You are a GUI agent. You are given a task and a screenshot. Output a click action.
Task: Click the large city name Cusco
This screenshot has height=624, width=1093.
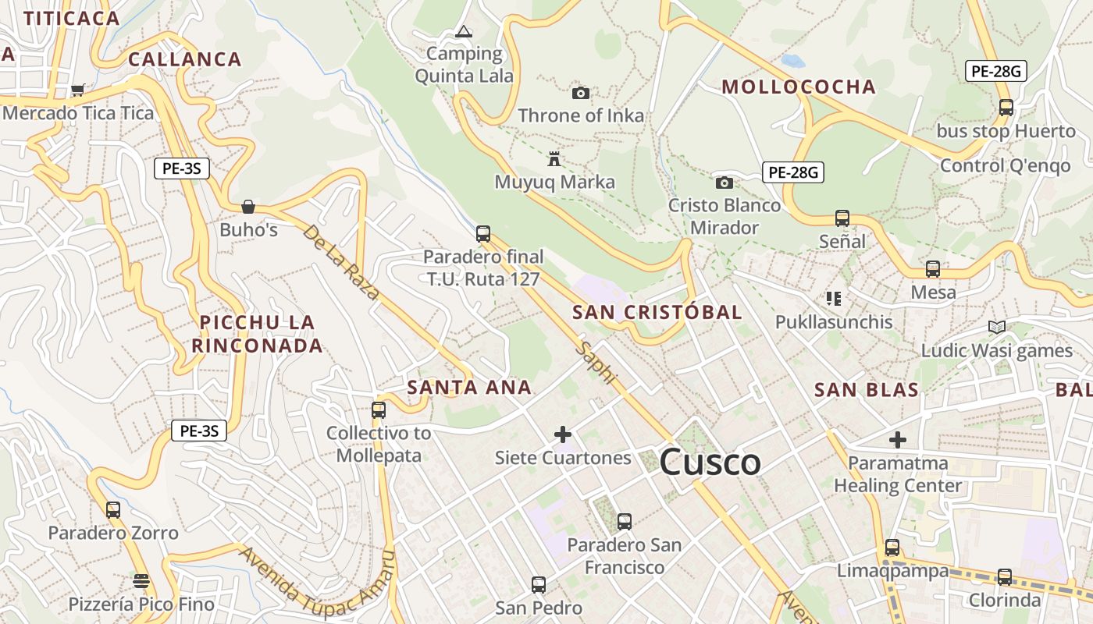[710, 463]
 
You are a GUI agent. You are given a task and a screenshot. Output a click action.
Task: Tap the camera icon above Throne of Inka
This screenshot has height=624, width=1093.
[580, 94]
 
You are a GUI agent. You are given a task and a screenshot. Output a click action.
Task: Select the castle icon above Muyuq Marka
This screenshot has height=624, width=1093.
[554, 159]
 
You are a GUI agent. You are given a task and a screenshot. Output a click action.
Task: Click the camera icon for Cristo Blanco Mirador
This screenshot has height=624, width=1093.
[725, 183]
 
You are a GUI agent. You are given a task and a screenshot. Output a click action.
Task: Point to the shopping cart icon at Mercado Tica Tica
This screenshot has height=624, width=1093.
[77, 90]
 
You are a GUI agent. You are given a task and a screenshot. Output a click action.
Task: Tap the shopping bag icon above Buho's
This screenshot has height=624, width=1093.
[248, 207]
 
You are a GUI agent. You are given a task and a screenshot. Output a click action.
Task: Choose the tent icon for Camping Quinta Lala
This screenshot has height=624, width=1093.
[464, 32]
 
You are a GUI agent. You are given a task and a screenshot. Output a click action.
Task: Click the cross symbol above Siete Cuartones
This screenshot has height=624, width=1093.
[562, 434]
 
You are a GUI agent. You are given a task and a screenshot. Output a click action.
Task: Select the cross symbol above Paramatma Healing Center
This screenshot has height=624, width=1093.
[898, 440]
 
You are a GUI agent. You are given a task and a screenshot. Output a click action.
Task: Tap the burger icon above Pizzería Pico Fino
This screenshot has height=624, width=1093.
[141, 580]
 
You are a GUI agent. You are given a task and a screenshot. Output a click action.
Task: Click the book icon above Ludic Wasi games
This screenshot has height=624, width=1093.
[996, 327]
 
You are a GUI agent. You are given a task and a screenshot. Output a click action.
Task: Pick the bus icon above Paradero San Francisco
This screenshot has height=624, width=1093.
[624, 521]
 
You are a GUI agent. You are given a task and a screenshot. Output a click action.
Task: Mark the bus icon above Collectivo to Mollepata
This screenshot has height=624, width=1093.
[379, 409]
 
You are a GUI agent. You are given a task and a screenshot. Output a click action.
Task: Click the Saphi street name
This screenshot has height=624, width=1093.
[596, 362]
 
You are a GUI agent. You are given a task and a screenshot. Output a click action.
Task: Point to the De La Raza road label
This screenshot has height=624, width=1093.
[341, 263]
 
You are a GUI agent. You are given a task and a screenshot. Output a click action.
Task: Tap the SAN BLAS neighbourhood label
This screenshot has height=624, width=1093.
[866, 390]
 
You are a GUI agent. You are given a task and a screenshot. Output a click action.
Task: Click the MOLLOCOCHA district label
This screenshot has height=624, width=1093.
[798, 87]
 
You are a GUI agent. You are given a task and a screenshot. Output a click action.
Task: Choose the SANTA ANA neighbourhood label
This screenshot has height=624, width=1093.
[469, 387]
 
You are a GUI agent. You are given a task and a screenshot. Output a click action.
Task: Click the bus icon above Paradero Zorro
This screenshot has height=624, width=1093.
[113, 510]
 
